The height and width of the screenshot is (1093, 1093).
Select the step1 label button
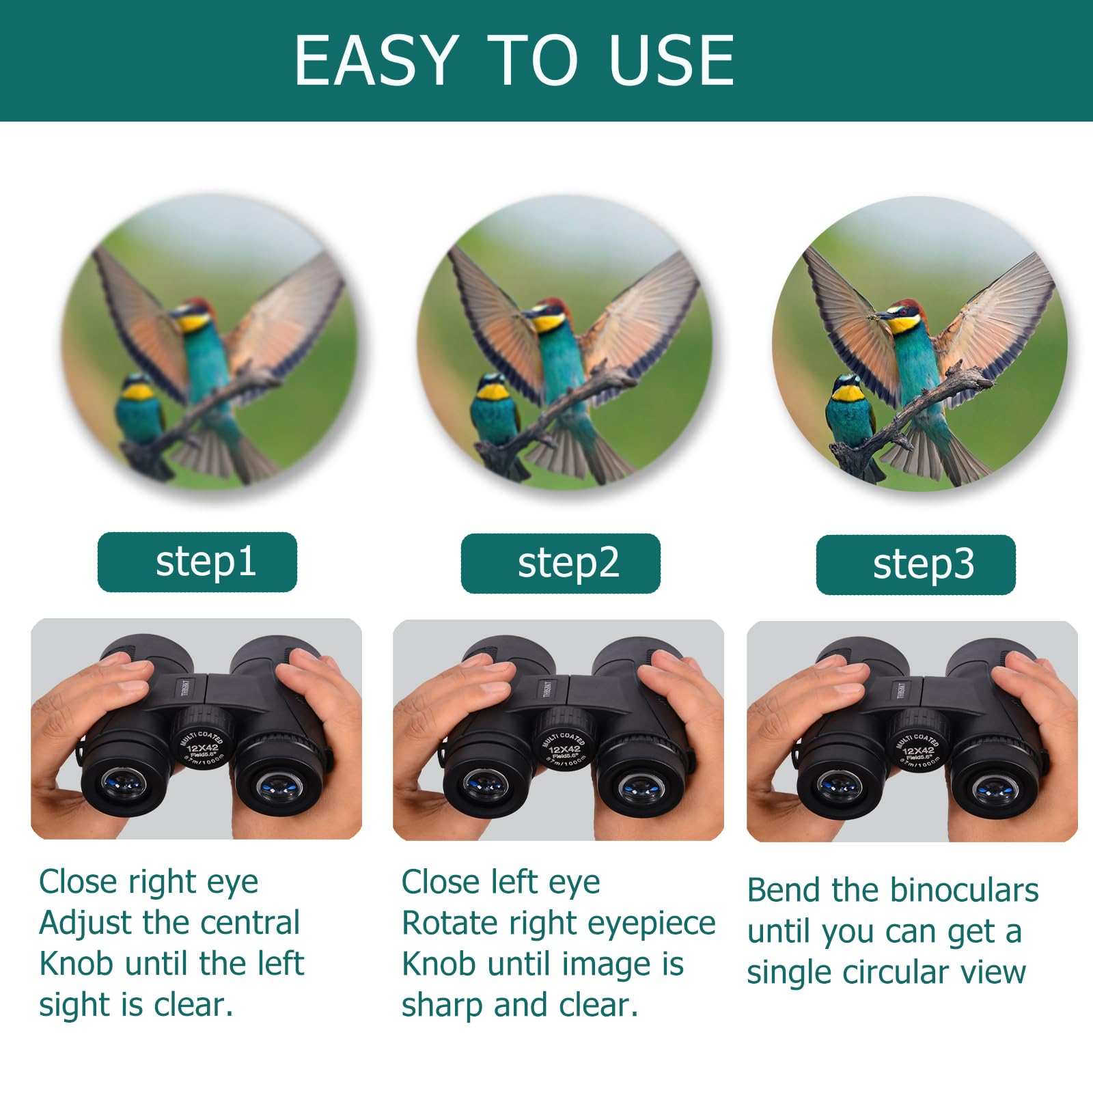tap(197, 562)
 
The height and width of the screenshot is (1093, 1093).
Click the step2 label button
tap(560, 564)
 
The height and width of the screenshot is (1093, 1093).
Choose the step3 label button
tap(915, 565)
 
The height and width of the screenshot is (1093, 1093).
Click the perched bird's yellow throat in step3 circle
tap(848, 393)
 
